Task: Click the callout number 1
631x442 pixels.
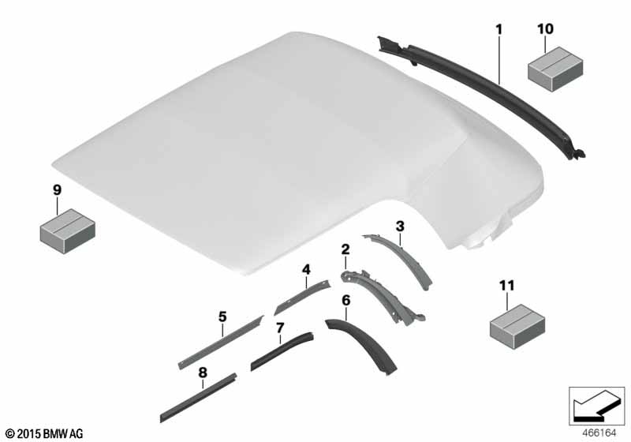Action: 499,29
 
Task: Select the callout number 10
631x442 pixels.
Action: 545,29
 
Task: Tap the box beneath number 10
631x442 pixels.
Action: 555,69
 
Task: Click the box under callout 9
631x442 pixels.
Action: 67,230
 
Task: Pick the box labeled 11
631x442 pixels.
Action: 517,326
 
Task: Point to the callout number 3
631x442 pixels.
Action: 400,227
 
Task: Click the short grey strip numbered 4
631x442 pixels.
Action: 302,298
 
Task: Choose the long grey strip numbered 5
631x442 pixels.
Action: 221,343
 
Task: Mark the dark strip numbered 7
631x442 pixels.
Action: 282,350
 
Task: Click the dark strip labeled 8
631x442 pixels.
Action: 198,398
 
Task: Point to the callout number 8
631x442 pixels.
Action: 203,373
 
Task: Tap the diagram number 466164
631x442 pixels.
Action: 599,433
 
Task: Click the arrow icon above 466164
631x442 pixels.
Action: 596,406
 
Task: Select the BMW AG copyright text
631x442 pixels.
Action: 45,434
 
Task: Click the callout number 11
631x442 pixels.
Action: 507,286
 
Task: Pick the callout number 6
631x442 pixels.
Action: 346,300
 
